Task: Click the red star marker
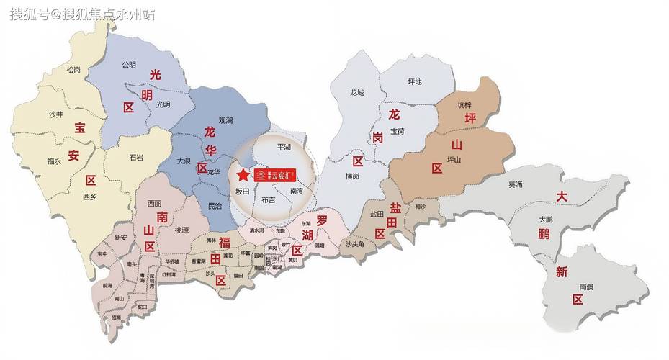(x=242, y=175)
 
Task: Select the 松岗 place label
(x=73, y=70)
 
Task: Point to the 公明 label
(x=129, y=64)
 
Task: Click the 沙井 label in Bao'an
(x=55, y=114)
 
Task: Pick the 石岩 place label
(x=136, y=157)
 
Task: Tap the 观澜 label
(x=226, y=122)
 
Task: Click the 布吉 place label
(x=269, y=199)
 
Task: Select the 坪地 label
(x=415, y=81)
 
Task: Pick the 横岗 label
(x=352, y=176)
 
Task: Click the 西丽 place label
(x=154, y=204)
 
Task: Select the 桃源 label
(x=181, y=230)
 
